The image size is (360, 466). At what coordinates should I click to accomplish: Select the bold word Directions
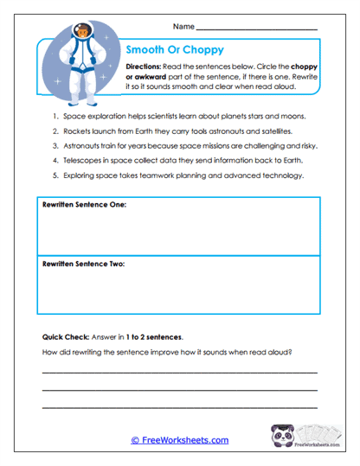coord(147,67)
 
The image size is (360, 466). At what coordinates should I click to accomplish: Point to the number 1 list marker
coord(55,116)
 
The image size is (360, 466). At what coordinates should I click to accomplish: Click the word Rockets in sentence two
coord(78,131)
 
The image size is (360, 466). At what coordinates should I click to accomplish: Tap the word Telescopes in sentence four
coord(84,160)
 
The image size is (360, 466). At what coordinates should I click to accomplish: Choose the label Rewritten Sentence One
coord(84,205)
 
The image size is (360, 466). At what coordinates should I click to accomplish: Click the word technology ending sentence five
coord(280,176)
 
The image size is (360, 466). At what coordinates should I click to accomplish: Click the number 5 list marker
coord(55,176)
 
